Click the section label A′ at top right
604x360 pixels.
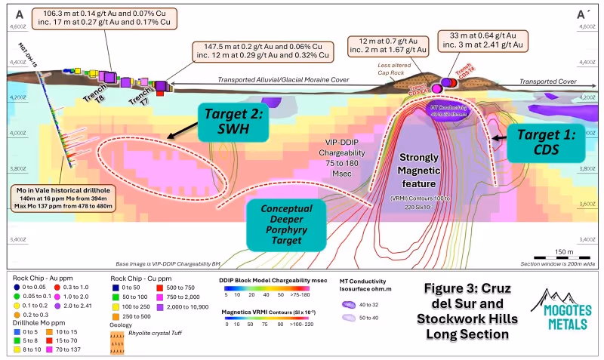[x=583, y=14]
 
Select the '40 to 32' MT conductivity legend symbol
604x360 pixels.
[x=350, y=305]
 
